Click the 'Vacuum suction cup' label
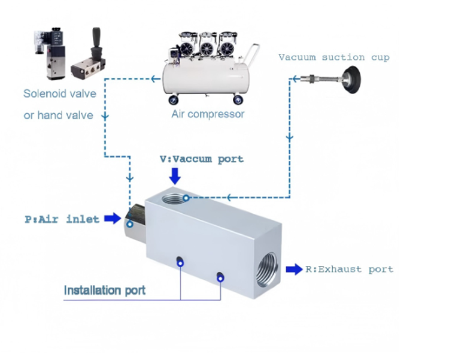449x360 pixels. pyautogui.click(x=333, y=58)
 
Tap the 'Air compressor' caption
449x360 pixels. pyautogui.click(x=208, y=114)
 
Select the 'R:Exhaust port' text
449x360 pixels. pyautogui.click(x=349, y=269)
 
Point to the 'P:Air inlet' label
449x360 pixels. pyautogui.click(x=62, y=219)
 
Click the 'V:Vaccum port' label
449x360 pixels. pyautogui.click(x=201, y=159)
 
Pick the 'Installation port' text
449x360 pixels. pyautogui.click(x=104, y=291)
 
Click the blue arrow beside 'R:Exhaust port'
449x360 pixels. pyautogui.click(x=294, y=269)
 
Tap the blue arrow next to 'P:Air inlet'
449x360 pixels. pyautogui.click(x=112, y=219)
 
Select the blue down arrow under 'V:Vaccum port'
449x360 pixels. pyautogui.click(x=175, y=176)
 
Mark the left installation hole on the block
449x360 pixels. pyautogui.click(x=180, y=261)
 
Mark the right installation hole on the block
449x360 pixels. pyautogui.click(x=220, y=276)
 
